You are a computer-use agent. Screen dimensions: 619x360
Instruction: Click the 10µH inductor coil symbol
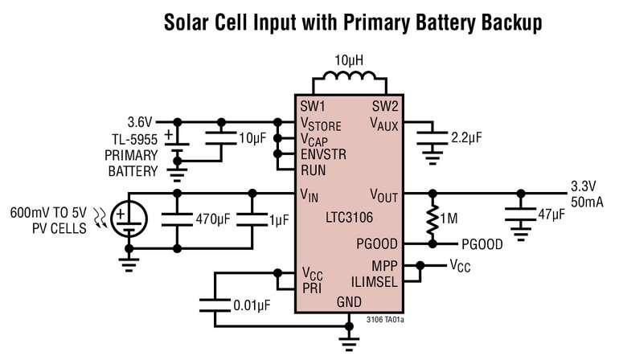click(350, 76)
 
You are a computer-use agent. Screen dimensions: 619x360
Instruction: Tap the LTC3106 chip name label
click(349, 218)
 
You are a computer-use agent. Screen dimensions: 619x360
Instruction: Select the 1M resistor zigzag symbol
click(432, 219)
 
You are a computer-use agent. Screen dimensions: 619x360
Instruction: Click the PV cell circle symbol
click(129, 219)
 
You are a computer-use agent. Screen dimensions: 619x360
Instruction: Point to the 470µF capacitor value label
click(212, 219)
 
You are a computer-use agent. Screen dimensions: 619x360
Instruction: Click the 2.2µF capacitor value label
click(466, 137)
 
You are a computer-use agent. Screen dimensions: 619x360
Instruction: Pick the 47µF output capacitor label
click(551, 215)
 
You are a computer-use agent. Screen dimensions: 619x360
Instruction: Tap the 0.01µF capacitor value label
click(252, 305)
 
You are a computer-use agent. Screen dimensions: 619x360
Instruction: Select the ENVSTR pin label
click(323, 154)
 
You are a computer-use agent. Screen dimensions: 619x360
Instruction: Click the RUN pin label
click(314, 170)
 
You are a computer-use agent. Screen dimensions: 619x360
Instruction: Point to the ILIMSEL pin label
click(375, 282)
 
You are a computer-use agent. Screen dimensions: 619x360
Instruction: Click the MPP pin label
click(384, 266)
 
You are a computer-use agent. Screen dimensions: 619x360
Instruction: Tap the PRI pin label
click(312, 288)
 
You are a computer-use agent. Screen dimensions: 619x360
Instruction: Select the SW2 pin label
click(385, 106)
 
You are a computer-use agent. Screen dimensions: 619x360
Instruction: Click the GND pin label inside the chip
click(349, 302)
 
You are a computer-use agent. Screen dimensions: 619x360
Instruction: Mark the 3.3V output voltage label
click(584, 186)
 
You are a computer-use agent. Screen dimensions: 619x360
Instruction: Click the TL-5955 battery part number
click(134, 139)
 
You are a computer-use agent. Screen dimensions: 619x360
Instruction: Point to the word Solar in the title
click(186, 22)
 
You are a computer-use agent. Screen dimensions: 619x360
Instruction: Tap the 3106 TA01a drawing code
click(385, 319)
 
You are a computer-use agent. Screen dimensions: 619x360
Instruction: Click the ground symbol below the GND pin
click(349, 344)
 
